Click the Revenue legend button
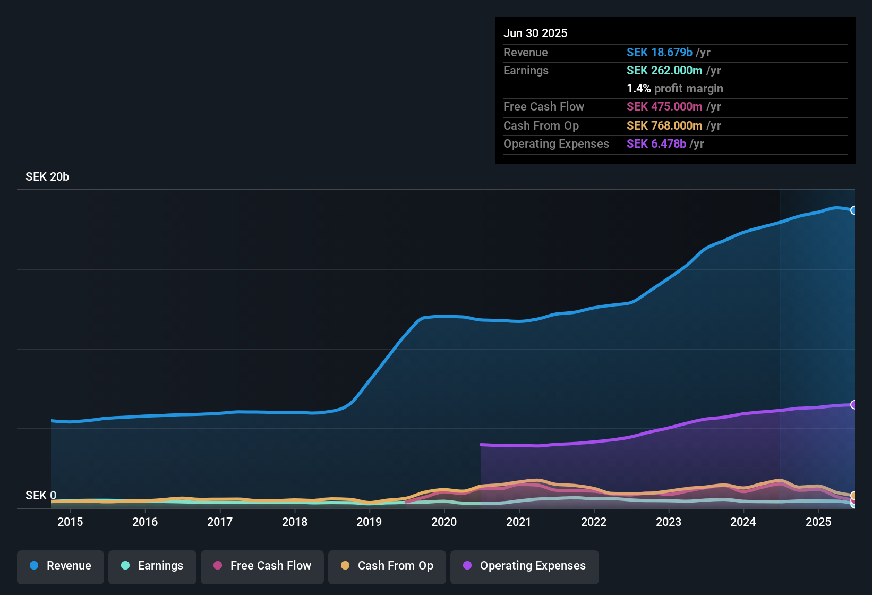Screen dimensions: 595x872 61,566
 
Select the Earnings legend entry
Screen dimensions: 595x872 152,566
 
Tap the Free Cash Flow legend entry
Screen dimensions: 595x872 262,566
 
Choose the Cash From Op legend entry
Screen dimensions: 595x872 387,566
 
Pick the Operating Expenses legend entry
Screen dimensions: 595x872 525,566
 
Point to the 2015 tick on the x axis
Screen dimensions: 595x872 70,522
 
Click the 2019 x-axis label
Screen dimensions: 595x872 369,522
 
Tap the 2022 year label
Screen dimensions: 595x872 594,522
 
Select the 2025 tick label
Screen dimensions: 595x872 818,522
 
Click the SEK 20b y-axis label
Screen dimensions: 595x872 47,177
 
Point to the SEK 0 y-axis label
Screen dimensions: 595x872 41,496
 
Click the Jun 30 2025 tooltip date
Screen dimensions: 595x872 535,33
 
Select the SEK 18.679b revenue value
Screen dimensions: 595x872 659,53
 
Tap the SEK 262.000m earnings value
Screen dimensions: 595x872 664,71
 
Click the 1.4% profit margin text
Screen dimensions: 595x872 675,89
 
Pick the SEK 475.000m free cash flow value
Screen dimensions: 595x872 664,107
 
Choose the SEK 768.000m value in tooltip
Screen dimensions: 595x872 664,126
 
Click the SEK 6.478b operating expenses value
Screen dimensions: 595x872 656,144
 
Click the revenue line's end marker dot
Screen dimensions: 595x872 854,210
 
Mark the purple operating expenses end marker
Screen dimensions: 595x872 854,405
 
